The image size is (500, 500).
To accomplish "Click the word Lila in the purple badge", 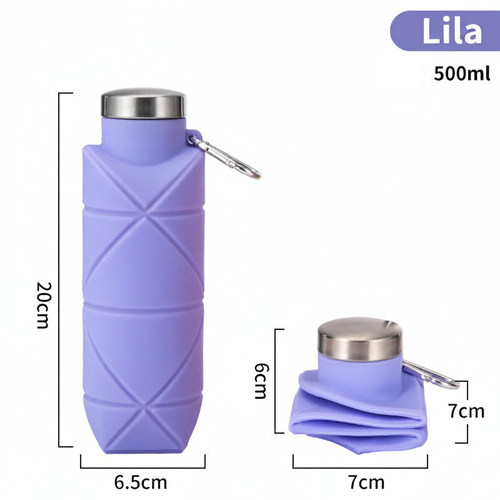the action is pos(452,31).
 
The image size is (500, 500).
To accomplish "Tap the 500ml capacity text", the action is pos(462,74).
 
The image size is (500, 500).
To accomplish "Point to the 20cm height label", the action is pos(43,305).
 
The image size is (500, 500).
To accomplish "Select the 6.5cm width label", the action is pos(141,482).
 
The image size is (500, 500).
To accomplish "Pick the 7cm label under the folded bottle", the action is pos(366,482).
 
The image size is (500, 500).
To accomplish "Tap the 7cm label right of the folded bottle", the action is pos(466,411).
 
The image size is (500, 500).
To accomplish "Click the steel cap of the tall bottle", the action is pos(144,103).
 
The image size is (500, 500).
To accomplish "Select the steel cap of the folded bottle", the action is pos(360,339).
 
